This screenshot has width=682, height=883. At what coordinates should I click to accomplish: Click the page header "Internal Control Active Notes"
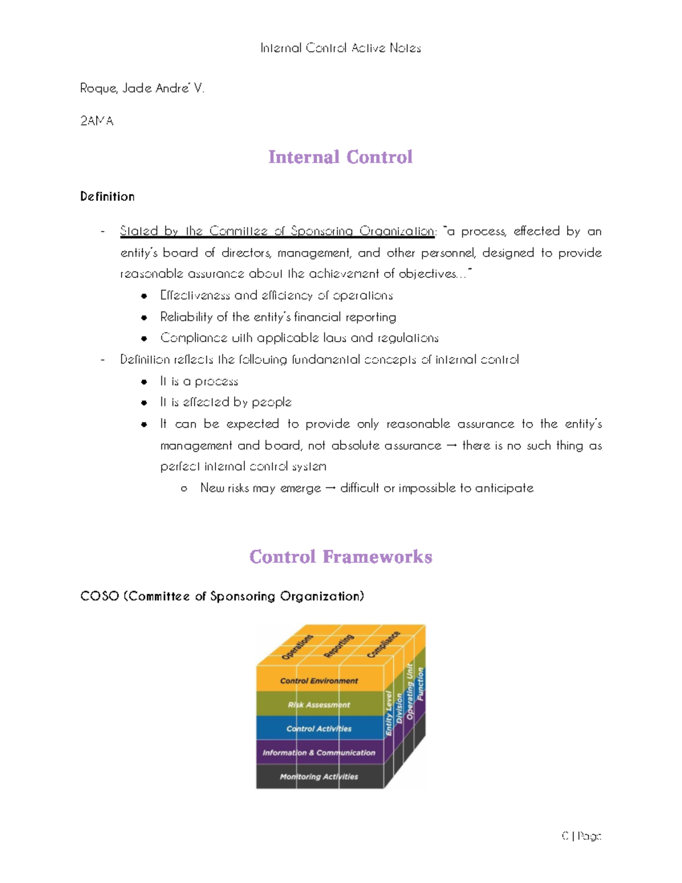340,48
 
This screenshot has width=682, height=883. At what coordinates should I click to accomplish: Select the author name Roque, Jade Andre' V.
142,88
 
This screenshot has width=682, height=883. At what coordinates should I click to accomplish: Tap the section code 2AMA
97,121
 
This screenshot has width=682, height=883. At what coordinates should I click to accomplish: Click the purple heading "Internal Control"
340,157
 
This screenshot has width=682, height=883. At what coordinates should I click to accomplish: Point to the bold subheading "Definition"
107,197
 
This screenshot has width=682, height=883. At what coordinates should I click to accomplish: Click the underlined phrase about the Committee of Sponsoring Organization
277,231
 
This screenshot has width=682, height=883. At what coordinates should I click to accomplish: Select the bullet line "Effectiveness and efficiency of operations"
276,295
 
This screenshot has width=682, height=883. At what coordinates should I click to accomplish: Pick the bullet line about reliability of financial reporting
278,317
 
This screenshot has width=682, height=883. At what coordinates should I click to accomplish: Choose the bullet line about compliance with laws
299,338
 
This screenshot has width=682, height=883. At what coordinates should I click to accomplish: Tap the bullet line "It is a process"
199,381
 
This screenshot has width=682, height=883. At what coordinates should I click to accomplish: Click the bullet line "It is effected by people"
226,402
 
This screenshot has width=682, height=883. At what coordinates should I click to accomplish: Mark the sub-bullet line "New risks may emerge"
367,488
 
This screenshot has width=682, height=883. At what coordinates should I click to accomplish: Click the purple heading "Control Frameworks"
340,557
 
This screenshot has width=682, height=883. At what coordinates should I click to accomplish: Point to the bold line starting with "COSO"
222,596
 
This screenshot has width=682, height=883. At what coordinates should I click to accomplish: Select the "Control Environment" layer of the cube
319,681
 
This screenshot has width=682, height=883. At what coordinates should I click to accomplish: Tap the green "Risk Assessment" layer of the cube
319,704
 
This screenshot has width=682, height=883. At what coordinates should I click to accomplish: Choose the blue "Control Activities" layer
319,728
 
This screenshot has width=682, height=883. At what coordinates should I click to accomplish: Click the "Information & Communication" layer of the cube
319,752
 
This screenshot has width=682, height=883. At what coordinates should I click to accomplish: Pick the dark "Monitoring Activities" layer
319,776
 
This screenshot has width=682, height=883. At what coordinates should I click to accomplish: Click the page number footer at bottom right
581,836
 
